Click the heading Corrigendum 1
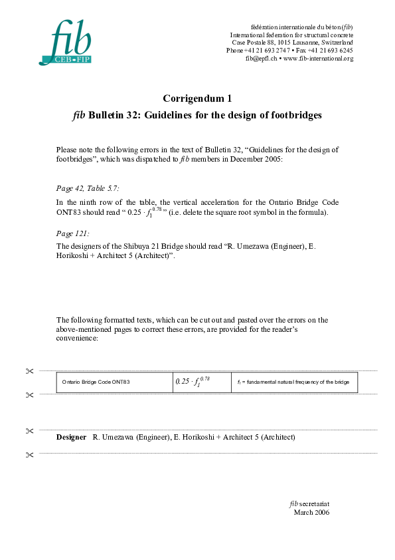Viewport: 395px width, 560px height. coord(197,98)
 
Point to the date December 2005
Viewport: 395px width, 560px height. coord(265,159)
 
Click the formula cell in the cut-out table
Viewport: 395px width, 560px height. coord(193,382)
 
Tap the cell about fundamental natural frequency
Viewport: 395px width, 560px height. coord(293,382)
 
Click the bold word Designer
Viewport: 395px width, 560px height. coord(71,437)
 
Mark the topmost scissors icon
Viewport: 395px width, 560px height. coord(29,371)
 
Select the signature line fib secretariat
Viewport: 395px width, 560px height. coord(310,504)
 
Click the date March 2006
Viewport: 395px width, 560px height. coord(311,512)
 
